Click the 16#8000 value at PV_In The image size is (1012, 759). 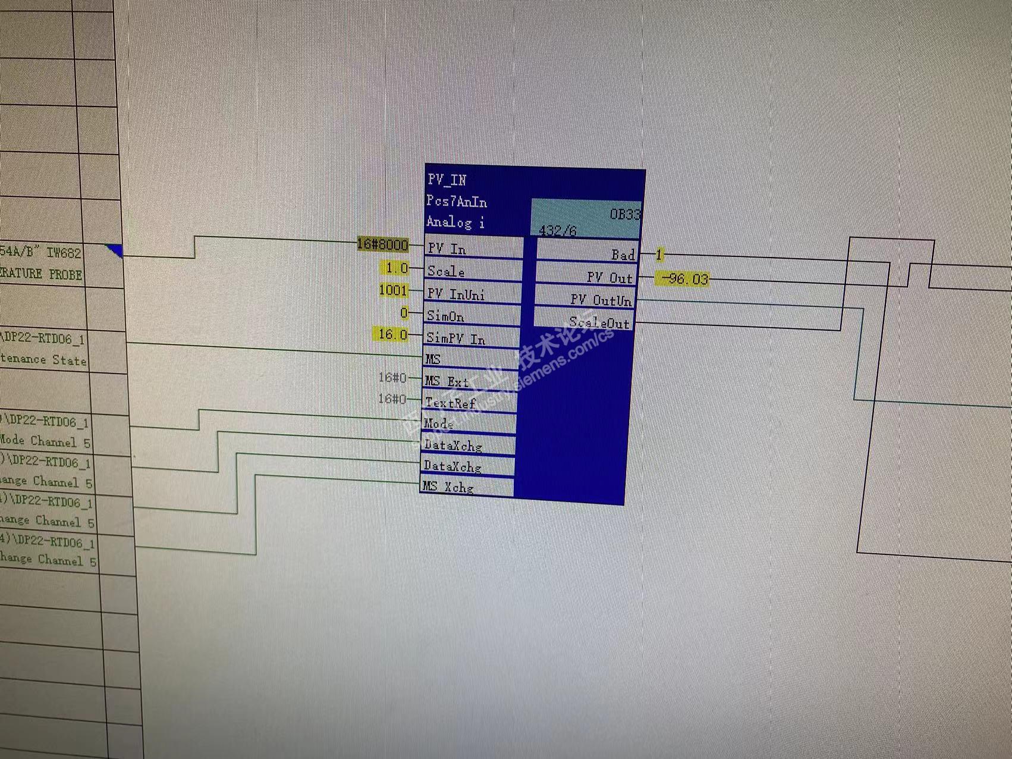tap(383, 244)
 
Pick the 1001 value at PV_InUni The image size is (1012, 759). tap(394, 290)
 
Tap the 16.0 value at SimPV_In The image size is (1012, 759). tap(392, 335)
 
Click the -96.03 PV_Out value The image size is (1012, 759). tap(684, 279)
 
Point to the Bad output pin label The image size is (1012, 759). tap(623, 255)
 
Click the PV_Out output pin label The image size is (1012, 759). tap(609, 278)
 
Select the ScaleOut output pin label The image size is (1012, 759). tap(599, 323)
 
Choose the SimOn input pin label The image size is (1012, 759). tap(445, 316)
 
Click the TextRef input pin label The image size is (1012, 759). tap(450, 403)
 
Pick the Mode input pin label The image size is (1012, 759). tap(438, 424)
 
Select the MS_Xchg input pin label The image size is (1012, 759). tap(448, 487)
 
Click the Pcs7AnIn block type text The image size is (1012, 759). tap(457, 202)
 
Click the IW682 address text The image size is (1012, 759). tap(64, 253)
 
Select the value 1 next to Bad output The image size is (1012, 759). tap(659, 255)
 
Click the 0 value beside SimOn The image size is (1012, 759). tap(404, 313)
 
